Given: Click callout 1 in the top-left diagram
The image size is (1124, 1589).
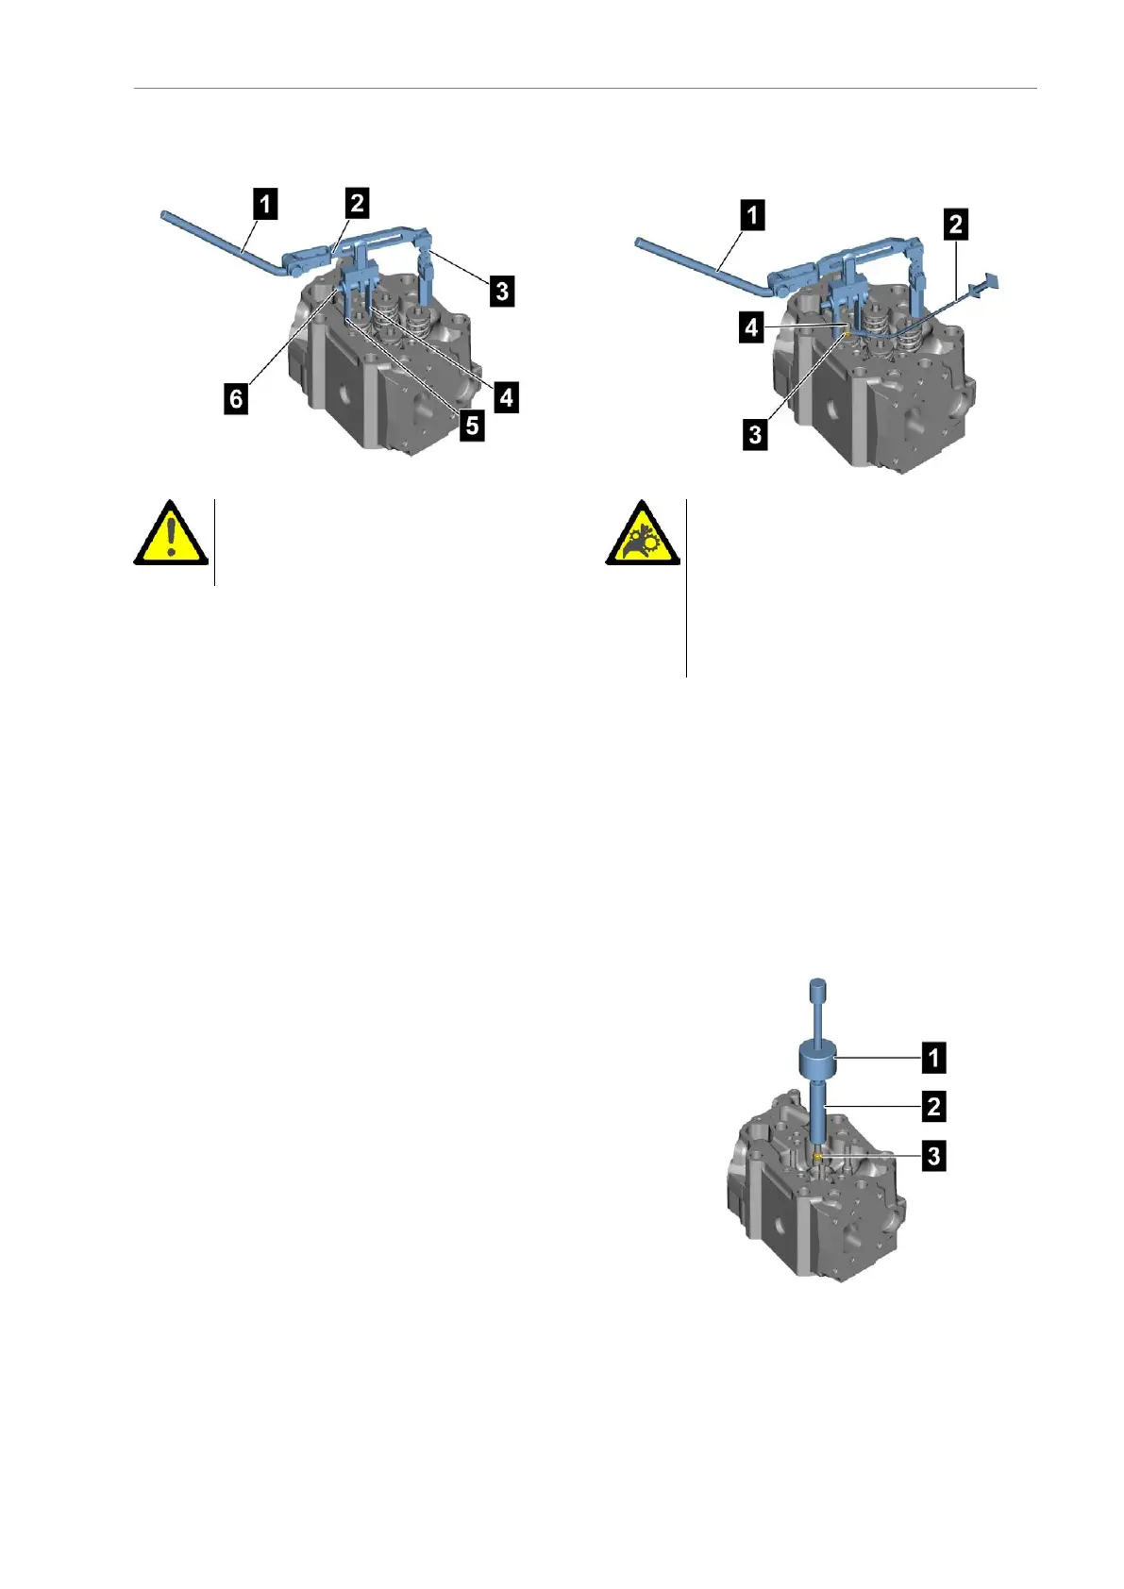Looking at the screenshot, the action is coord(266,204).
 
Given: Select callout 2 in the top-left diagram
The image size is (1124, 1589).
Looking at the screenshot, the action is coord(357,202).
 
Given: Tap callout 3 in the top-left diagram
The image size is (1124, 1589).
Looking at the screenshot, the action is coord(502,291).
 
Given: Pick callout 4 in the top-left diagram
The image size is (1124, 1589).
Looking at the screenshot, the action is coord(507,397).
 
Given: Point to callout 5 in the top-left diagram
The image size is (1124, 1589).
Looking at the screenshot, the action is coord(472,426).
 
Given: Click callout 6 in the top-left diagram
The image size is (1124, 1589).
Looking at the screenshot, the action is coord(236,398).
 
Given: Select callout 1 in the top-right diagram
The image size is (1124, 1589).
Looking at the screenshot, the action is coord(752,215).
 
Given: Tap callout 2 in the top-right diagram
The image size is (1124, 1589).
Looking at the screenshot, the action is coord(956,225).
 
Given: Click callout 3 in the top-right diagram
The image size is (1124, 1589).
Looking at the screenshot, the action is coord(755,435).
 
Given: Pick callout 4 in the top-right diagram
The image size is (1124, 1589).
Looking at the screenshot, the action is coord(751,328).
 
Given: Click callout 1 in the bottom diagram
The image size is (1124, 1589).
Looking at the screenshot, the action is coord(933,1058).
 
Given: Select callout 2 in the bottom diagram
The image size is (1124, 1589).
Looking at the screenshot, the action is coord(933,1106).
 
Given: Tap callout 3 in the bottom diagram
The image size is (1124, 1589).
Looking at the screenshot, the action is coord(933,1155).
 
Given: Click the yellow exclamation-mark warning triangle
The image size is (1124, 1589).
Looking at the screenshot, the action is coord(170,536).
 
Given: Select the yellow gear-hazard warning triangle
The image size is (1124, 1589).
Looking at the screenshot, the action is coord(643,536).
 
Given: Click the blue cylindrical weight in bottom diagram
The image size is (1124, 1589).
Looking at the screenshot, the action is coord(819,1060).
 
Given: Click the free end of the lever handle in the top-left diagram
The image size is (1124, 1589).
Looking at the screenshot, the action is coord(164,218).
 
